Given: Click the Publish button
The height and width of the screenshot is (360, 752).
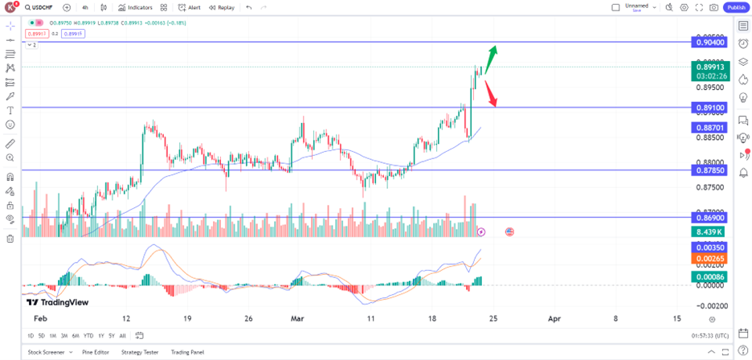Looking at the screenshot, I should point(736,7).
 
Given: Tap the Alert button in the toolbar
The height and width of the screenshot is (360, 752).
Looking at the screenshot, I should point(190,7).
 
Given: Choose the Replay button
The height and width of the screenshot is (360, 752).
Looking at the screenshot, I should point(222,7).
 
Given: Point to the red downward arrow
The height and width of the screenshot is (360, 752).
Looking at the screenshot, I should point(491,93).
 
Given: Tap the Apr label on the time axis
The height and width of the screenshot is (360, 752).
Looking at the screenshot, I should point(554,319).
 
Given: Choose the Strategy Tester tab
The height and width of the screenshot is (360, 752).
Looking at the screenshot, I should point(140,352).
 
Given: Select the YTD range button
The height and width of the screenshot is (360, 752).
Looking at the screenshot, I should point(88,335).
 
